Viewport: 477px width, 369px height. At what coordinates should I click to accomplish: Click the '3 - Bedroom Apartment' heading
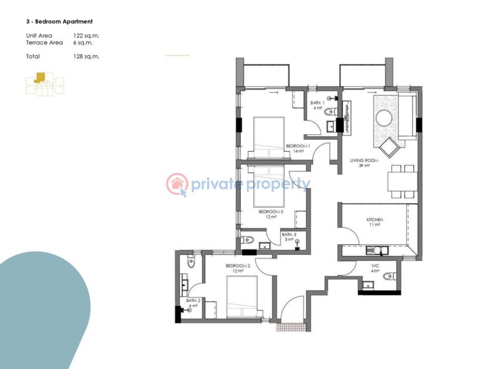click(x=59, y=21)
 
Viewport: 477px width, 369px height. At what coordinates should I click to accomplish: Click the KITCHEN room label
click(x=374, y=220)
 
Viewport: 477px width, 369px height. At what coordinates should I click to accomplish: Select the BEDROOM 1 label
click(x=296, y=146)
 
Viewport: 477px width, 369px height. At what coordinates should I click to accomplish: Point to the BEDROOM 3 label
click(x=270, y=211)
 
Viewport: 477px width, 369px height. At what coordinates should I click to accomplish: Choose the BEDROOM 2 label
click(x=237, y=265)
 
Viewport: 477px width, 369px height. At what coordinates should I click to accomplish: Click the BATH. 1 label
click(x=317, y=103)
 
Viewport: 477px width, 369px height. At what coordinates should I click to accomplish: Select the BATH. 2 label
click(x=192, y=300)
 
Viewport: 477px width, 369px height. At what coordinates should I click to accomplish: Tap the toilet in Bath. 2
click(x=191, y=261)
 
